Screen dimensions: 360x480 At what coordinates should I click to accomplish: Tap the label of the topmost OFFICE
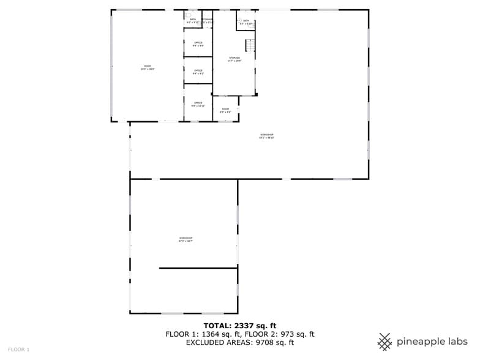(x=198, y=43)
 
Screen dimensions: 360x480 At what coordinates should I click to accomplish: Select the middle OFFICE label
(x=198, y=72)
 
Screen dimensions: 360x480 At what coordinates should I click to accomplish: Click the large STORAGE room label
(x=234, y=59)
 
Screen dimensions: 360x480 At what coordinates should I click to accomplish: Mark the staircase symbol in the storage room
(x=249, y=45)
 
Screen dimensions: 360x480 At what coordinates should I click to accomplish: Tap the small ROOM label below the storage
(x=225, y=110)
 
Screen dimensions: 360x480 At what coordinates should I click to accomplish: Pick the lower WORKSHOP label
(x=186, y=239)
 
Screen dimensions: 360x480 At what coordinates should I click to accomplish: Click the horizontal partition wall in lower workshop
(x=198, y=268)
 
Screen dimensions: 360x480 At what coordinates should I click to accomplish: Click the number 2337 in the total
(x=245, y=326)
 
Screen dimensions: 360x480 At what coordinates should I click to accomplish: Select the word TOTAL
(x=217, y=326)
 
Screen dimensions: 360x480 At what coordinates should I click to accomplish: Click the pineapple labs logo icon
(x=385, y=342)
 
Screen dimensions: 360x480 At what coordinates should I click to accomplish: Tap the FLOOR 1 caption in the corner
(x=18, y=350)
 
